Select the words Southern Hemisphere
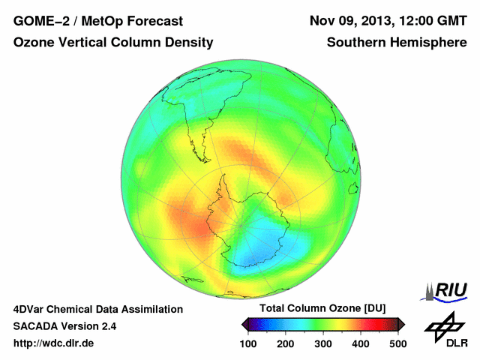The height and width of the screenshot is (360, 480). tap(396, 43)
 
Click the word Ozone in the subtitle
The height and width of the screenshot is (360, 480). tap(33, 43)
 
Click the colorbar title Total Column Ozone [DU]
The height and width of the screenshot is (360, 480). tap(322, 309)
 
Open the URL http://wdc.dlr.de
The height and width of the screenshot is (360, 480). tap(54, 343)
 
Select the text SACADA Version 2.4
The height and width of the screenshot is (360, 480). tap(64, 326)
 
